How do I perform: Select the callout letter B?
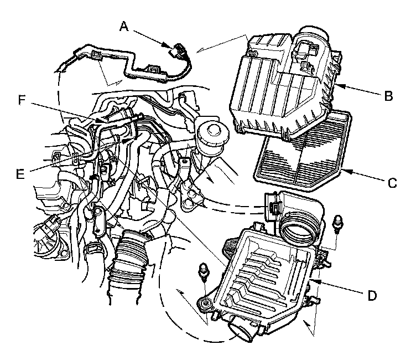coord(388,96)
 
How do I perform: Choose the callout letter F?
coord(22,100)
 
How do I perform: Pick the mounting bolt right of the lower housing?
coord(337,223)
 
